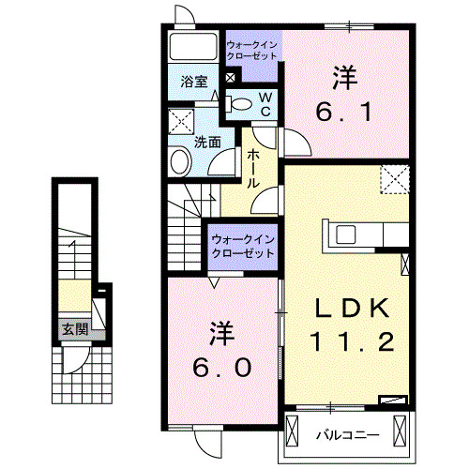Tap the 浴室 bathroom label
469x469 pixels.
point(195,83)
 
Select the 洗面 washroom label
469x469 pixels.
point(207,143)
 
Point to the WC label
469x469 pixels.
point(265,104)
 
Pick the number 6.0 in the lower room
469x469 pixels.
point(222,368)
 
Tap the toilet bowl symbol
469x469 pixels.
point(241,104)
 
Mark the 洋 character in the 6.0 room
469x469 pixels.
point(221,332)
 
